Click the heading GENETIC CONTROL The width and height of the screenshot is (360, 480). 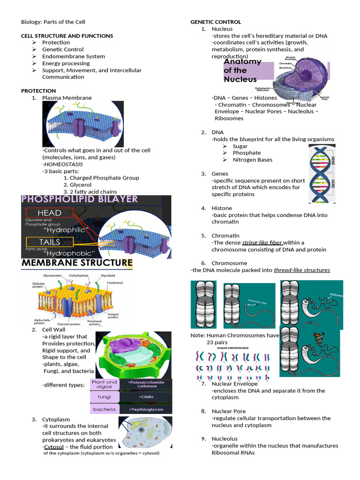(x=215, y=22)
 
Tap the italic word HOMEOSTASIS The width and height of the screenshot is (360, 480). (x=63, y=164)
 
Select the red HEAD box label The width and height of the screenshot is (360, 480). (x=49, y=213)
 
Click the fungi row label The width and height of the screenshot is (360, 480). (x=104, y=397)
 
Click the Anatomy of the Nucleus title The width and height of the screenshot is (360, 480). (x=242, y=70)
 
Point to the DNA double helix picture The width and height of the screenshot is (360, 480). (x=321, y=174)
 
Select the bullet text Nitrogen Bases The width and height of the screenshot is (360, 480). (x=252, y=160)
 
